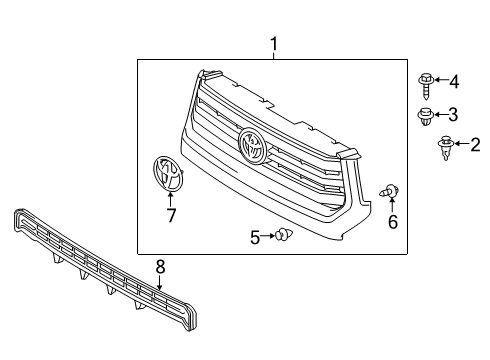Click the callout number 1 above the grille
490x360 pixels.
tap(272, 43)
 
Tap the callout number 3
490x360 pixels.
tap(453, 113)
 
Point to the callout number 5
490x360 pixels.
tap(255, 236)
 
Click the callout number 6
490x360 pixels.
tap(392, 221)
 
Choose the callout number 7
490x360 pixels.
tap(171, 214)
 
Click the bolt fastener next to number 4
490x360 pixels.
tap(425, 81)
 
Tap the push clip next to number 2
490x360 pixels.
tap(443, 149)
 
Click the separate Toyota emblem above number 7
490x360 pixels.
tap(169, 176)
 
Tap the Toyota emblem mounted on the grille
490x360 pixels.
tap(254, 146)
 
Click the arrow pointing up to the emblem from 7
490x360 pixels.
tap(171, 200)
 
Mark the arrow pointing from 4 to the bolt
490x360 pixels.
tap(439, 80)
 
